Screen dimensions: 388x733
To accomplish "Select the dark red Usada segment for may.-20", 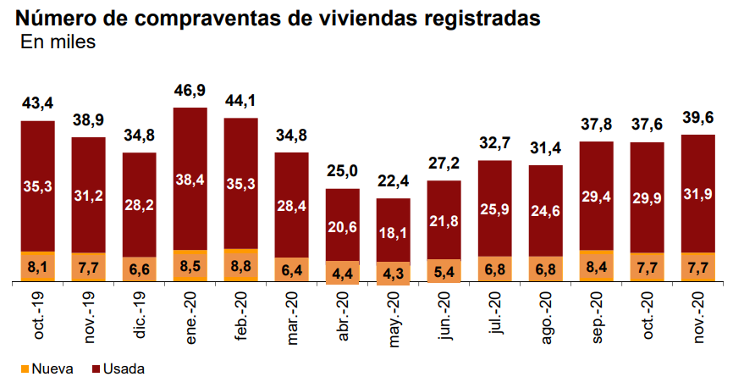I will (394, 217).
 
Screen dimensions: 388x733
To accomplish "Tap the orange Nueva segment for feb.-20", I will (241, 265).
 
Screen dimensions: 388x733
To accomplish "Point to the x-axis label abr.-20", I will (344, 315).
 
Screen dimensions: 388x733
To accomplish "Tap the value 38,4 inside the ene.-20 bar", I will (190, 180).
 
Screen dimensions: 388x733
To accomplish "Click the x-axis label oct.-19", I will (39, 315).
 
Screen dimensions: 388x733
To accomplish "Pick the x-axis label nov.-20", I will (699, 315).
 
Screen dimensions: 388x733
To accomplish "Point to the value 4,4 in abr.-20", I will (343, 273).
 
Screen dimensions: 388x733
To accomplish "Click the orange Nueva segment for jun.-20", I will (444, 271).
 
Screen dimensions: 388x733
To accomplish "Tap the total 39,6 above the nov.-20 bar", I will (698, 118).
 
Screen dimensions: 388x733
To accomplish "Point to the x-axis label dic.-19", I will (141, 315).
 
